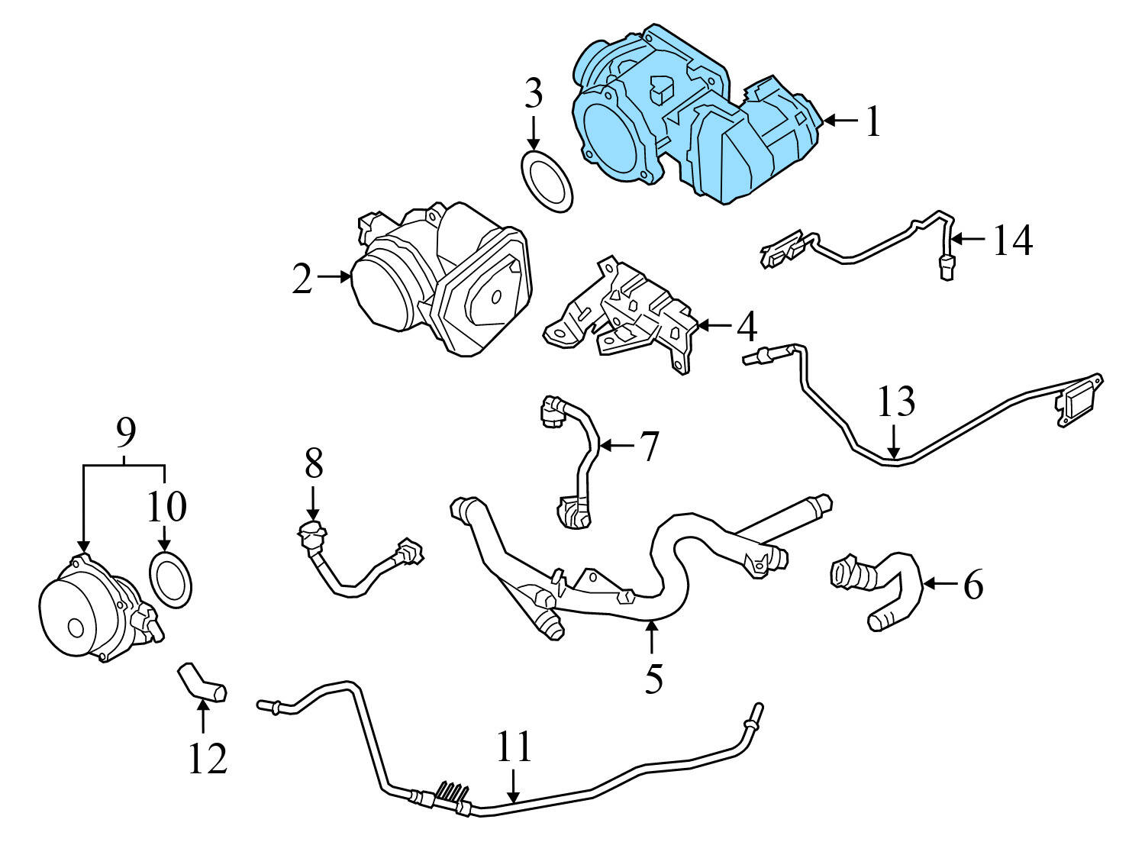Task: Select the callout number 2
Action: [302, 279]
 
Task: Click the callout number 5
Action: [653, 678]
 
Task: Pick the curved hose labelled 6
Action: [885, 588]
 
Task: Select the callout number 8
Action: [314, 463]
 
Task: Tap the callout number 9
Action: [125, 434]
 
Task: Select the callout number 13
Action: [895, 402]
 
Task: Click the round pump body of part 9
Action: [76, 618]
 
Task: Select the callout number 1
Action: [872, 121]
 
